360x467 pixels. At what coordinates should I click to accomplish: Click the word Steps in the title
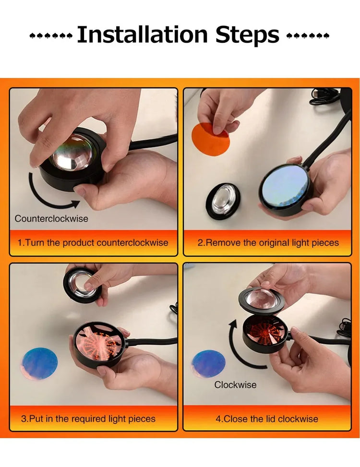(x=247, y=36)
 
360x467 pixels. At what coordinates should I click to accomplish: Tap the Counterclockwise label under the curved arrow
(x=51, y=218)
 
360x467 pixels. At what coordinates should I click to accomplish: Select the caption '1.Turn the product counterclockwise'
(x=93, y=242)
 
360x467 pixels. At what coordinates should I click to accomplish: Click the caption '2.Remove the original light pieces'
(x=268, y=242)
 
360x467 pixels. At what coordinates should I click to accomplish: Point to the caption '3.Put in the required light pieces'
(x=88, y=419)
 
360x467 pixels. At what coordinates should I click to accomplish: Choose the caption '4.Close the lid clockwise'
(x=267, y=419)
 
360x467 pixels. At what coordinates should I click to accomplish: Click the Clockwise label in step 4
(x=235, y=384)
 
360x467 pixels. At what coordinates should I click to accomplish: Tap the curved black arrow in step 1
(x=45, y=201)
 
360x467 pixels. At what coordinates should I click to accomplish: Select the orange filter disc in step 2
(x=211, y=139)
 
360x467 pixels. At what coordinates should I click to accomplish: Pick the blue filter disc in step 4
(x=208, y=365)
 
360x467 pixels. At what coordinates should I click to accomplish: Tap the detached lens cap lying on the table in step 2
(x=223, y=201)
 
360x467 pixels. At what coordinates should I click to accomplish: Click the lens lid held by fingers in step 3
(x=83, y=285)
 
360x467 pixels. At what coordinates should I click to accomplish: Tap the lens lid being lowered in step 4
(x=262, y=301)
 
